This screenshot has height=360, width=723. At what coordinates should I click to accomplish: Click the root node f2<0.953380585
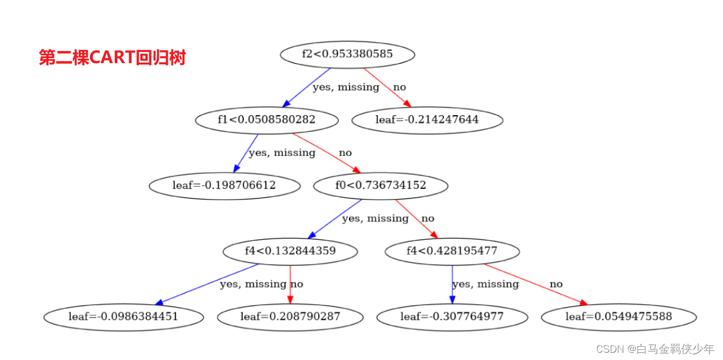pyautogui.click(x=347, y=54)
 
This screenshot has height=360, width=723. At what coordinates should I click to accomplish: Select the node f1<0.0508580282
pyautogui.click(x=267, y=120)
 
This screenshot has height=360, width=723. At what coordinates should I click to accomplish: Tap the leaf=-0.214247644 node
pyautogui.click(x=427, y=120)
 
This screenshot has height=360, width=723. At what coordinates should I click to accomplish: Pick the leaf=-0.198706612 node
pyautogui.click(x=224, y=186)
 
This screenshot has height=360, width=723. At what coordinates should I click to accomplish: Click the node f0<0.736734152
pyautogui.click(x=380, y=186)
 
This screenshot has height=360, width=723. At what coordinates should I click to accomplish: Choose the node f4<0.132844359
pyautogui.click(x=290, y=251)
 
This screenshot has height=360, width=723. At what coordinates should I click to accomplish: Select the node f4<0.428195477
pyautogui.click(x=452, y=251)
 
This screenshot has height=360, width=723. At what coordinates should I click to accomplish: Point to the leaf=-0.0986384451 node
pyautogui.click(x=123, y=317)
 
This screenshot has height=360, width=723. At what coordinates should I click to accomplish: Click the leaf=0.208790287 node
pyautogui.click(x=290, y=317)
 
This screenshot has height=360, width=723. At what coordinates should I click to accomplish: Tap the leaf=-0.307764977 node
pyautogui.click(x=452, y=317)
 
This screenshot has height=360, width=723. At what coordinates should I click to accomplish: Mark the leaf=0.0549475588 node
pyautogui.click(x=618, y=317)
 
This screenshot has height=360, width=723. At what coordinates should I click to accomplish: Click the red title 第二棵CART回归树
pyautogui.click(x=112, y=57)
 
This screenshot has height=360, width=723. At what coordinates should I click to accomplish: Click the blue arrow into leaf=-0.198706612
pyautogui.click(x=245, y=153)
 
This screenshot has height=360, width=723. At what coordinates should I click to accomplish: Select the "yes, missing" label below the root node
pyautogui.click(x=346, y=87)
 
